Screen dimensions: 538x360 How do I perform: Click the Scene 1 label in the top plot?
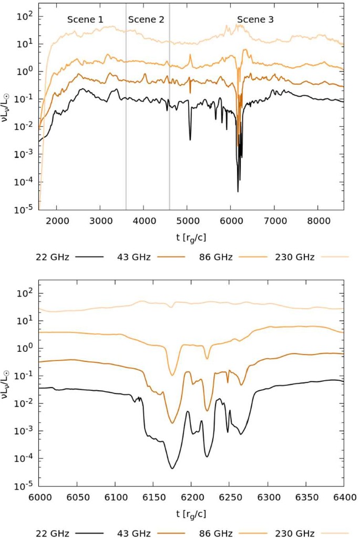(x=85, y=19)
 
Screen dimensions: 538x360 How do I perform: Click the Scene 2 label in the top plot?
(x=146, y=19)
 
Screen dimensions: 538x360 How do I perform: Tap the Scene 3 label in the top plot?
(x=255, y=19)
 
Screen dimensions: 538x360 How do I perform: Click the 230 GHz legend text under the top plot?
(x=294, y=257)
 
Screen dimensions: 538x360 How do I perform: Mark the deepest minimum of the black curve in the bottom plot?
(x=172, y=468)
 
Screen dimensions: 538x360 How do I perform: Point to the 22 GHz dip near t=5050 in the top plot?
(x=190, y=139)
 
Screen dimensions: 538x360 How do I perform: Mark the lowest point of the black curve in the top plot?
(x=238, y=191)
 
